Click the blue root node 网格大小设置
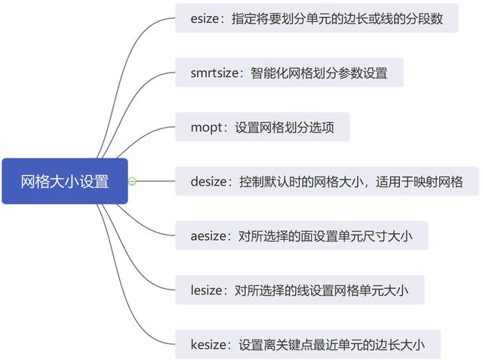point(64,181)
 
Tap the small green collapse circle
point(133,181)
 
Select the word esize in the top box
point(207,19)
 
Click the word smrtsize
point(217,73)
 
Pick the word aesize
point(210,235)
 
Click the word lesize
point(208,290)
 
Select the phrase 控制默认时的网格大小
point(300,181)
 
